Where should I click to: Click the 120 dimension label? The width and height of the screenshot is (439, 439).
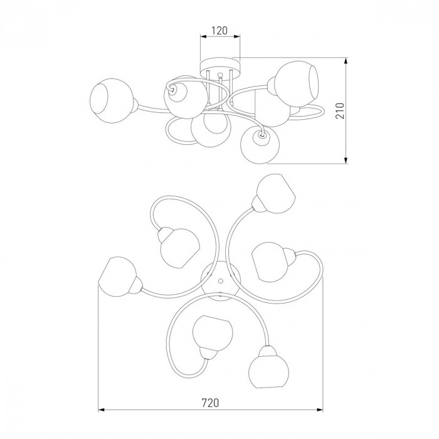219,31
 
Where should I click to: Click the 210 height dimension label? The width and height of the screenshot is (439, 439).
340,110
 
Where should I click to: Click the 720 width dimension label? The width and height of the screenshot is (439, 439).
210,403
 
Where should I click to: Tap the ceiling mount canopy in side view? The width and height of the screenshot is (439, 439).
221,68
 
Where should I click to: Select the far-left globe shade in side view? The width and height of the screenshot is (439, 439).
112,101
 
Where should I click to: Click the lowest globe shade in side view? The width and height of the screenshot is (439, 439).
260,145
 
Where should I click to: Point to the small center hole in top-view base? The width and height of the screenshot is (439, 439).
221,280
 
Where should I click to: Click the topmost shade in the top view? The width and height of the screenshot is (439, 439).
275,194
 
